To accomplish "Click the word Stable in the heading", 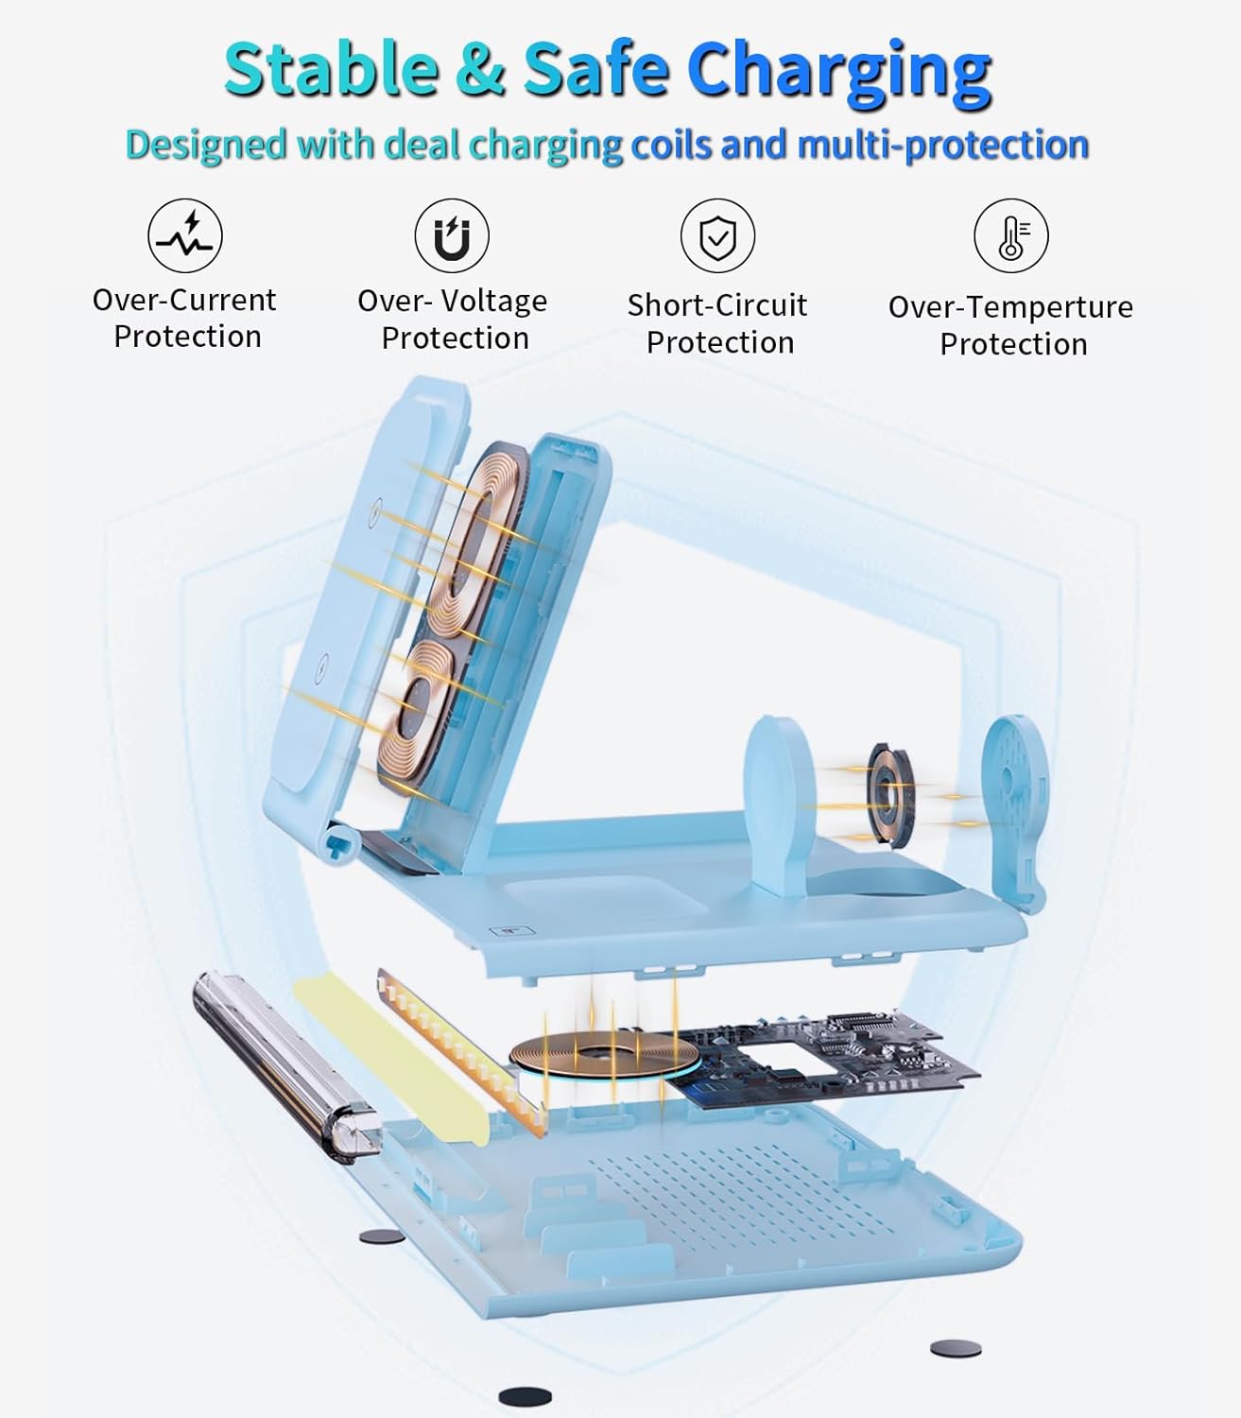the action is tap(332, 68).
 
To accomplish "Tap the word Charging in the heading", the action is tap(839, 73).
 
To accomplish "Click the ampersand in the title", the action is tap(480, 69).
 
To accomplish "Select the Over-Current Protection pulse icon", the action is tap(185, 235).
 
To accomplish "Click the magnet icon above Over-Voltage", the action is tap(452, 235).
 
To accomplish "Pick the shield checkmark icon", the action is tap(718, 235).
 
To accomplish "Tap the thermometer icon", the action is tap(1011, 235).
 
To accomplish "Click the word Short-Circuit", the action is tap(717, 305).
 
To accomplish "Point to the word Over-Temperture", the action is tap(1011, 307).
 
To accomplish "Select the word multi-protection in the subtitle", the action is tap(943, 145).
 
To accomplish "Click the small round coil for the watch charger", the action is tap(889, 794).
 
